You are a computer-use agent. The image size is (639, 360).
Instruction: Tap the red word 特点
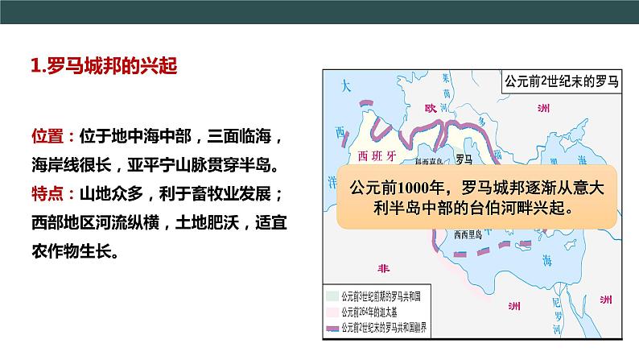pos(47,194)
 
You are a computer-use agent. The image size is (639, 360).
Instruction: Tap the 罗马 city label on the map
pos(463,159)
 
